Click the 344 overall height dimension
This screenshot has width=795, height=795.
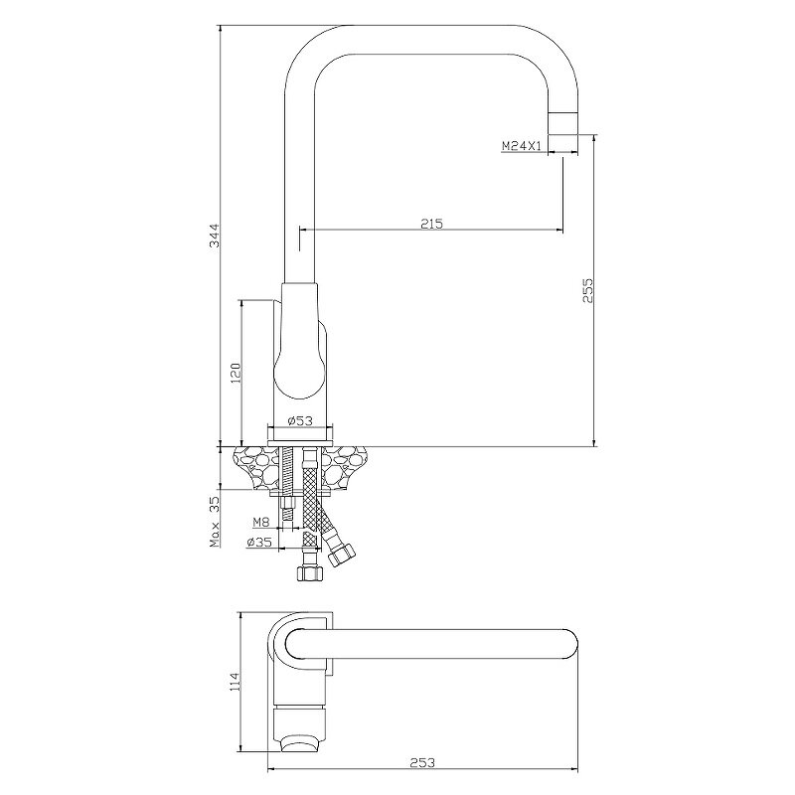click(x=215, y=236)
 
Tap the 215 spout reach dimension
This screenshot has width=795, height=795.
click(x=432, y=223)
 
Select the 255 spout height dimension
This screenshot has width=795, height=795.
click(x=587, y=290)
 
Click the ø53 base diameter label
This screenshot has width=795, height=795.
click(x=300, y=420)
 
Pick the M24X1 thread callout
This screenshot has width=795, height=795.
click(x=523, y=146)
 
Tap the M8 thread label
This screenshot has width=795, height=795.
click(x=261, y=522)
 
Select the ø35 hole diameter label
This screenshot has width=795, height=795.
click(x=259, y=542)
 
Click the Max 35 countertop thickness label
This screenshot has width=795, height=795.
click(x=215, y=522)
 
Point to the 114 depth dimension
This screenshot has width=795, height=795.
click(x=235, y=683)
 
